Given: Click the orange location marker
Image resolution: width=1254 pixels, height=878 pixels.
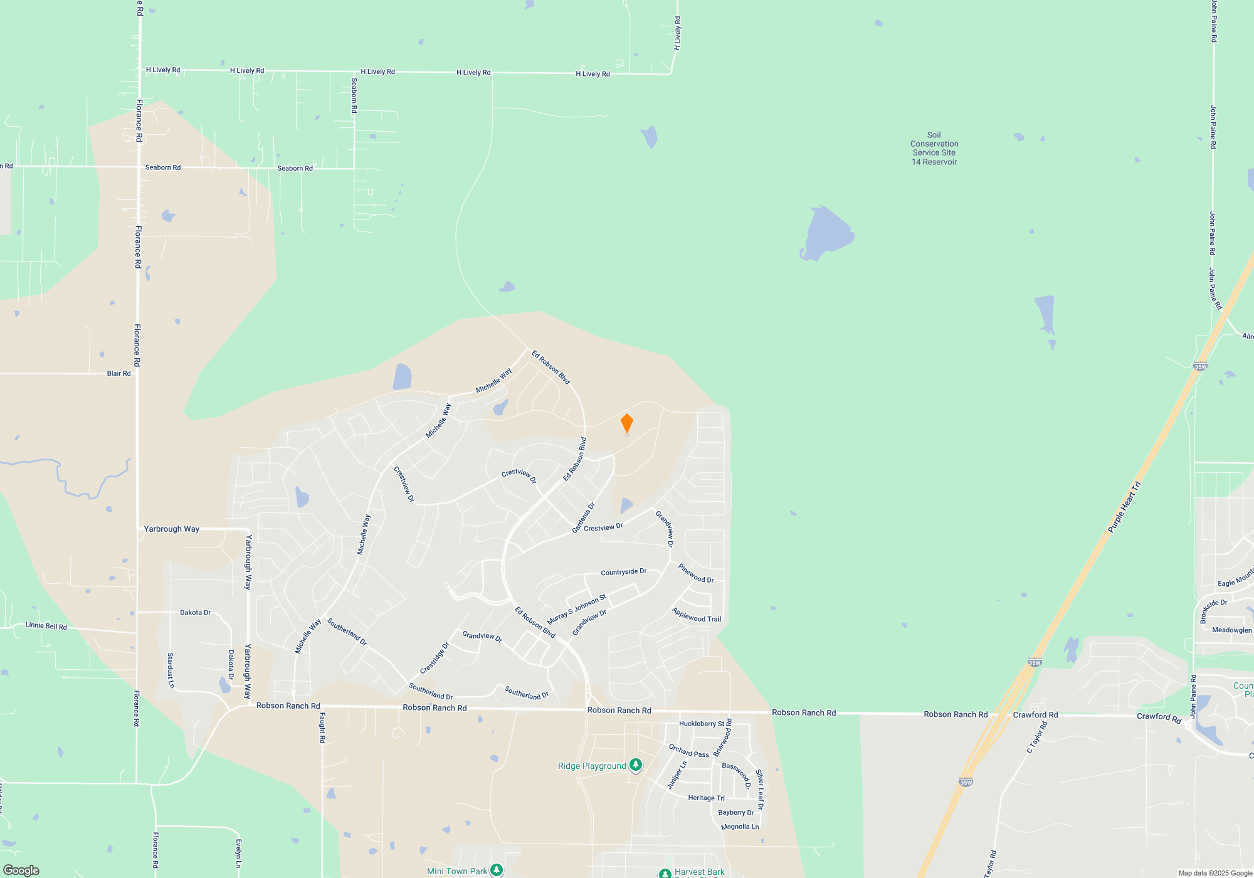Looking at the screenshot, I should pyautogui.click(x=626, y=423).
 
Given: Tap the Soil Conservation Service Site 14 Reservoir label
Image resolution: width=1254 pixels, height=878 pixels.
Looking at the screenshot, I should pyautogui.click(x=934, y=149).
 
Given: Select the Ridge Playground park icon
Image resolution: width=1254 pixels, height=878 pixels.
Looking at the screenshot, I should pyautogui.click(x=636, y=764).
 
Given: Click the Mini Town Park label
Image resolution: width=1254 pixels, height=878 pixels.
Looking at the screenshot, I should pyautogui.click(x=456, y=871).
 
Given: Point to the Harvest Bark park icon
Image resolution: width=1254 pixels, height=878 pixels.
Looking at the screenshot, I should pyautogui.click(x=665, y=872).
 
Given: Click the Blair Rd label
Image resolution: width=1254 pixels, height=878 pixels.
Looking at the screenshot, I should pyautogui.click(x=119, y=373).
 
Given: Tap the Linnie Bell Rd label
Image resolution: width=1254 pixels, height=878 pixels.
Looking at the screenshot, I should pyautogui.click(x=46, y=626).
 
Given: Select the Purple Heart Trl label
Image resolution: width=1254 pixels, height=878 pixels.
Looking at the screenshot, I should pyautogui.click(x=1124, y=507).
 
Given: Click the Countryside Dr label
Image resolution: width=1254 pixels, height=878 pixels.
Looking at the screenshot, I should pyautogui.click(x=623, y=572).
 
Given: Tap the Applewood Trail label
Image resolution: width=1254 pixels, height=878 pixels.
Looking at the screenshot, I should pyautogui.click(x=697, y=615).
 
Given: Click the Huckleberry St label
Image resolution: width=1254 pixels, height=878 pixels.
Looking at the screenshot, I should pyautogui.click(x=701, y=724).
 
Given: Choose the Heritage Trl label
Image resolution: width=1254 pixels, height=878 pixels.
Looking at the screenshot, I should pyautogui.click(x=706, y=798).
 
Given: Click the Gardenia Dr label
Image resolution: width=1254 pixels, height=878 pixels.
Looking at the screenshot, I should pyautogui.click(x=583, y=518).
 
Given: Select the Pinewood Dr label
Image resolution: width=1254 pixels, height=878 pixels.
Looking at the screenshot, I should pyautogui.click(x=696, y=573).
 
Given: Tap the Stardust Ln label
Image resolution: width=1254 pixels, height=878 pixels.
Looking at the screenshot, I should pyautogui.click(x=171, y=670).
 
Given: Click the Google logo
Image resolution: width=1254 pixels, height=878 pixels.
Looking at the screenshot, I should pyautogui.click(x=21, y=870).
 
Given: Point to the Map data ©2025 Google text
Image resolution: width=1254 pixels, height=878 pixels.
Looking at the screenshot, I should pyautogui.click(x=1215, y=873).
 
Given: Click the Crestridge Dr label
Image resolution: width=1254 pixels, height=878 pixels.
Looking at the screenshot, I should pyautogui.click(x=435, y=658).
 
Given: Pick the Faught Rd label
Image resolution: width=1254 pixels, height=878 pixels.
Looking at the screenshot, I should pyautogui.click(x=322, y=727).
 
